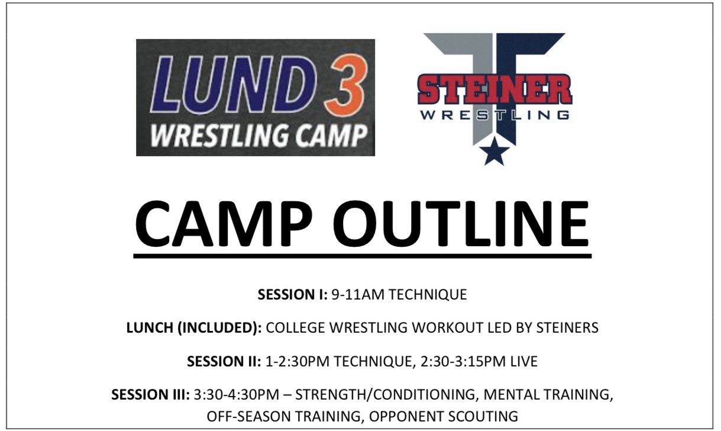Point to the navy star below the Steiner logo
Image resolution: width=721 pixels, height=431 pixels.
point(494,154)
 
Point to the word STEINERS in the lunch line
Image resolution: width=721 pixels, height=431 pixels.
point(568,328)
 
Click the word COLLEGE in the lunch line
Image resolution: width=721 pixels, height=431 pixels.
point(294,328)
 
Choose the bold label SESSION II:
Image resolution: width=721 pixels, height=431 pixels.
point(223,361)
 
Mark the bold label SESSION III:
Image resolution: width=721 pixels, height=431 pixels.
point(150,395)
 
